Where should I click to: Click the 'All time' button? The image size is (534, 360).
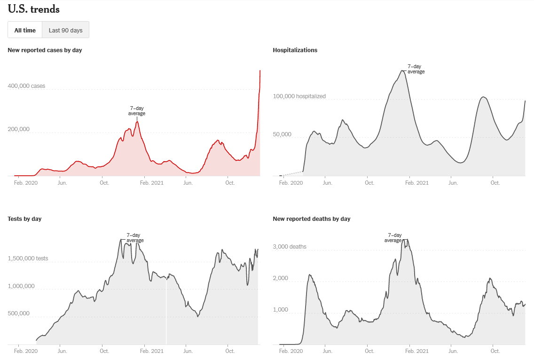tap(25, 30)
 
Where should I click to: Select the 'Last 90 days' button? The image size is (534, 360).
tap(65, 30)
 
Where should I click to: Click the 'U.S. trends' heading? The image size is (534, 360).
tap(33, 9)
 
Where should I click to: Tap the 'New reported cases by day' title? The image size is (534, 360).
tap(45, 50)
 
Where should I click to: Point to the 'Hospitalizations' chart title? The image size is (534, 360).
tap(295, 50)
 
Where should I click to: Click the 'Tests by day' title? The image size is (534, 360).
tap(24, 219)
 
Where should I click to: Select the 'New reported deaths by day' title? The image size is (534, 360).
tap(311, 219)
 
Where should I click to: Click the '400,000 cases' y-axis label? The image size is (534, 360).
tap(26, 86)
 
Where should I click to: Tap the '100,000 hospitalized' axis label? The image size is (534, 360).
tap(299, 96)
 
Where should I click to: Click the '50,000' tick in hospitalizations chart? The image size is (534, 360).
tap(282, 134)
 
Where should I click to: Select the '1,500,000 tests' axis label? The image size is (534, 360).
tap(28, 258)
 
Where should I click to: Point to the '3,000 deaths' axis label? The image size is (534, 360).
tap(289, 247)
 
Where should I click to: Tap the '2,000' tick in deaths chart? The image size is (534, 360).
tap(281, 278)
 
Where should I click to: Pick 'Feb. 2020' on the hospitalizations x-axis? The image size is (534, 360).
tap(291, 183)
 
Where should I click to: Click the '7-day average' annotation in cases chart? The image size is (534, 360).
tap(137, 111)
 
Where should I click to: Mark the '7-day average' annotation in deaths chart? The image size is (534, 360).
tap(393, 238)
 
